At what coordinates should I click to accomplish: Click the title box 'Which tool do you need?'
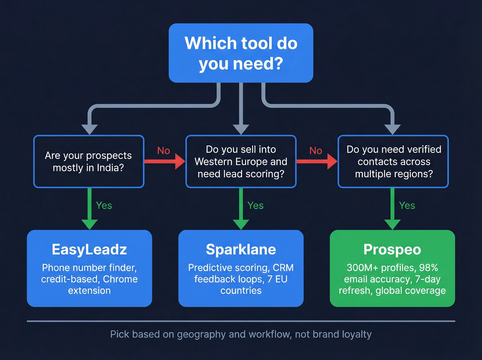(x=241, y=53)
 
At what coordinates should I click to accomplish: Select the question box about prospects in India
(x=88, y=162)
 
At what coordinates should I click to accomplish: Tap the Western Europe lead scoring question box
(x=241, y=162)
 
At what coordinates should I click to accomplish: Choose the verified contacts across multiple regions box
(x=393, y=162)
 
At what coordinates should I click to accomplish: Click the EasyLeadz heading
(x=89, y=249)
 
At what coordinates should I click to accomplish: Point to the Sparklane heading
(x=241, y=249)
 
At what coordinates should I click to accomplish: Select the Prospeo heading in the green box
(x=392, y=249)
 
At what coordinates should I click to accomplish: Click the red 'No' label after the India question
(x=164, y=151)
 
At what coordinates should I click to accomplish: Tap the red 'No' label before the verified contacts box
(x=316, y=151)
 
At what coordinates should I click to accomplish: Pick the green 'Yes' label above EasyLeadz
(x=104, y=206)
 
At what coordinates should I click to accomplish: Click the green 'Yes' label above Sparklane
(x=255, y=206)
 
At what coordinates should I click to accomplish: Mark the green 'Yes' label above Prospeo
(x=407, y=206)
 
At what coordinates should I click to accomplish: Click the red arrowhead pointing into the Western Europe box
(x=180, y=162)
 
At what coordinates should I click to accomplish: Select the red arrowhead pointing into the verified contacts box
(x=332, y=162)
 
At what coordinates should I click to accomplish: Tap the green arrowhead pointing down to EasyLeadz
(x=90, y=224)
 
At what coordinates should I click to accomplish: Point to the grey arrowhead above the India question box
(x=90, y=129)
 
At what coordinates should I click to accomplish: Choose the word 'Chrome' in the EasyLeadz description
(x=120, y=279)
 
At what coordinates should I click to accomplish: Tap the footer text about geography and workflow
(x=241, y=334)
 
